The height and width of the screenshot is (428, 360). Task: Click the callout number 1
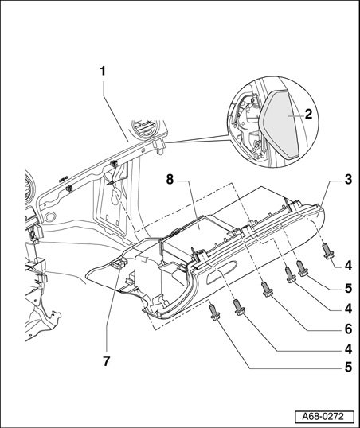pyautogui.click(x=103, y=72)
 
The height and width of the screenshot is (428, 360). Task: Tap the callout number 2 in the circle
pyautogui.click(x=308, y=114)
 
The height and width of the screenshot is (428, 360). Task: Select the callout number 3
pyautogui.click(x=348, y=180)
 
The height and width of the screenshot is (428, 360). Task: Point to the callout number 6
pyautogui.click(x=348, y=329)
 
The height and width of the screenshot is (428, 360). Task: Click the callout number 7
pyautogui.click(x=107, y=361)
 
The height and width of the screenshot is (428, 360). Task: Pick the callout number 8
pyautogui.click(x=170, y=180)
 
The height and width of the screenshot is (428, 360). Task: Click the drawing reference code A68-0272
pyautogui.click(x=324, y=417)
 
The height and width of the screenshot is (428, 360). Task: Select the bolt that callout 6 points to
pyautogui.click(x=267, y=289)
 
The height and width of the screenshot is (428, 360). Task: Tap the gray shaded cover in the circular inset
pyautogui.click(x=278, y=124)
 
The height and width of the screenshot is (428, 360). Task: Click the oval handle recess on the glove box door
pyautogui.click(x=221, y=271)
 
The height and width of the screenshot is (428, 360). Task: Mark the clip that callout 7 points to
pyautogui.click(x=119, y=263)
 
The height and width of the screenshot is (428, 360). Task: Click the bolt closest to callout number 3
pyautogui.click(x=328, y=251)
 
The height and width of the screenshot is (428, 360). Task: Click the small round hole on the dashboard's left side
pyautogui.click(x=49, y=217)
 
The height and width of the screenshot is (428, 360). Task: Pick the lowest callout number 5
pyautogui.click(x=348, y=367)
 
